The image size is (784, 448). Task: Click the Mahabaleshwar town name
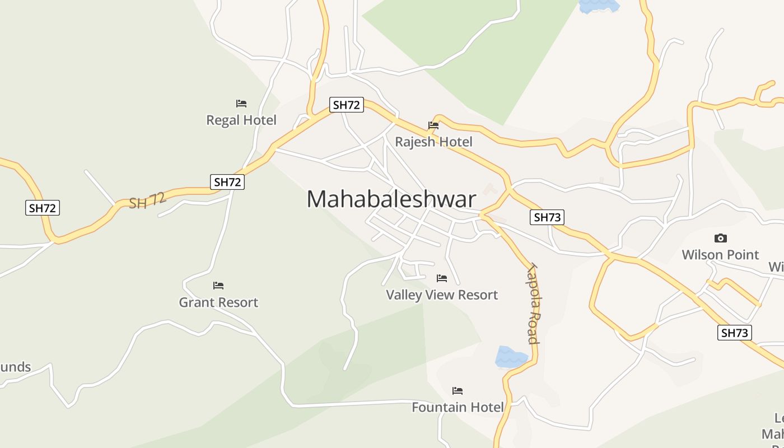click(x=391, y=199)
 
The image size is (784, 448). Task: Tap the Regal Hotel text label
click(x=241, y=120)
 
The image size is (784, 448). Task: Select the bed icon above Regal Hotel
click(x=241, y=104)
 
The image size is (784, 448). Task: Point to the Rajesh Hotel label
click(x=433, y=142)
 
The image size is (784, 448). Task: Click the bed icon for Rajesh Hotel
click(x=433, y=125)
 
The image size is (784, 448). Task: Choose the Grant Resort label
click(x=218, y=302)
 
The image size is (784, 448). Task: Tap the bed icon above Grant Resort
click(x=218, y=286)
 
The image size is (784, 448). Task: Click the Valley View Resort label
click(x=442, y=295)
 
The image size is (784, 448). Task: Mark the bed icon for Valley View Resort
click(x=442, y=278)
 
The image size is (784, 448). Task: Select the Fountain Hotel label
click(x=458, y=407)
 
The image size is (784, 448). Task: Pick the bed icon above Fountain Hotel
click(x=458, y=390)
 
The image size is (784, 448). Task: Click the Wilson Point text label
click(x=720, y=255)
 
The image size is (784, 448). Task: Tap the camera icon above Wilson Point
click(x=721, y=238)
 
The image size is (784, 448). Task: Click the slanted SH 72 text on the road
click(x=147, y=200)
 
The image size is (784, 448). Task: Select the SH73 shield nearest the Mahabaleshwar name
click(x=547, y=217)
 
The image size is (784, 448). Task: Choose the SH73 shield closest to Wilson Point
click(x=734, y=333)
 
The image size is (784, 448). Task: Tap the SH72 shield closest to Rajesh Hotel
click(x=347, y=105)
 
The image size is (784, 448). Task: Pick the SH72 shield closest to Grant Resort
click(x=228, y=182)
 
